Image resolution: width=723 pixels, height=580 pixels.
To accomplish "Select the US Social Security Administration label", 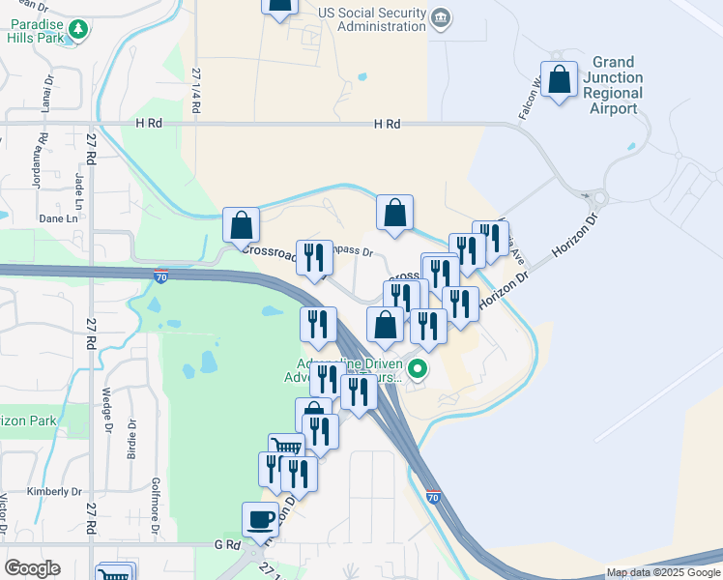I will point(372,20).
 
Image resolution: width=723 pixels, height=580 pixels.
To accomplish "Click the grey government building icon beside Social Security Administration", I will point(440,17).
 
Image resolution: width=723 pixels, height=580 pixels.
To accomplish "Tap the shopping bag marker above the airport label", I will point(560,80).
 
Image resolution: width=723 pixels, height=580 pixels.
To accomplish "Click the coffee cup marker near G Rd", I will point(260,520).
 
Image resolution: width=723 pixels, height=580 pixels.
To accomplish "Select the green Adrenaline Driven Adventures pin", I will point(418,368).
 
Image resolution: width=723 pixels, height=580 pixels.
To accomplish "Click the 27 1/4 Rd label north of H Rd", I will point(196,91).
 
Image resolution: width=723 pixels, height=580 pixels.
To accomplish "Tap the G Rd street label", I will point(226,545).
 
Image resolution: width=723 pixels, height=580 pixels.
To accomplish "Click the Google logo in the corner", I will point(32,568).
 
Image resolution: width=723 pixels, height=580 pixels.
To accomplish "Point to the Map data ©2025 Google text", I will point(662,572).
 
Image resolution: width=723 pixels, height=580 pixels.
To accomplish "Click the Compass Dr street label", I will point(352,250).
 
